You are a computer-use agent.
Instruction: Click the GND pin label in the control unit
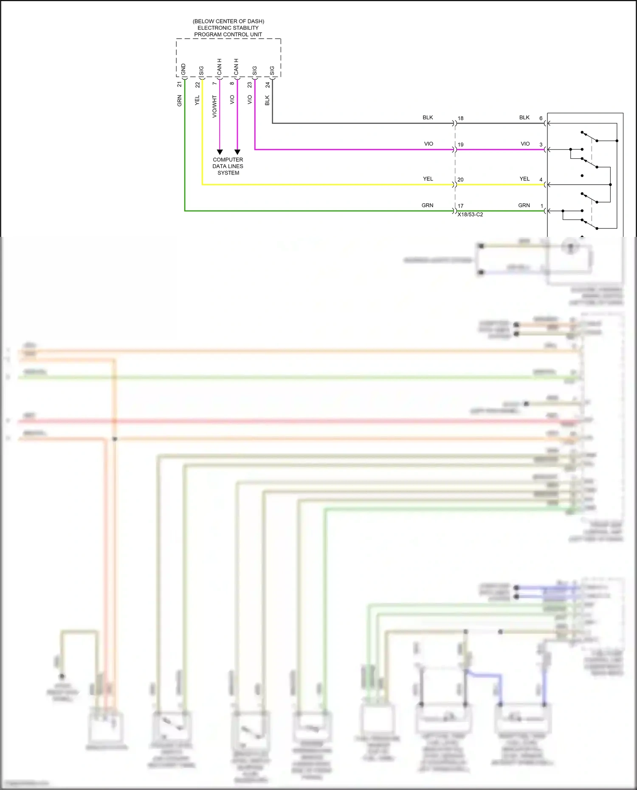183,69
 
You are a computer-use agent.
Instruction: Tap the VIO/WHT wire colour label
214,106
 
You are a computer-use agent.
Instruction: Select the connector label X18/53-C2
470,214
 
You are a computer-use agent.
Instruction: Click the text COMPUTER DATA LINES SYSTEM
228,166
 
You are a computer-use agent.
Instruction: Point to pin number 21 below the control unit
180,84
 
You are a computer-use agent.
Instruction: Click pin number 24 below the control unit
268,85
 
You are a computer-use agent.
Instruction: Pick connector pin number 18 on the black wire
460,118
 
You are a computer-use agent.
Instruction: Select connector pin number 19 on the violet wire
460,145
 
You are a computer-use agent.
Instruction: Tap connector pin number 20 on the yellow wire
460,180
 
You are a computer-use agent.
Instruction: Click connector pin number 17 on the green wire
460,206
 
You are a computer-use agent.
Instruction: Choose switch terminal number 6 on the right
541,118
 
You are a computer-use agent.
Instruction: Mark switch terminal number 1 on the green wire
541,206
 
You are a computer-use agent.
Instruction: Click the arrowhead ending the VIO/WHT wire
220,152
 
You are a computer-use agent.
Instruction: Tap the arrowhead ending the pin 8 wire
237,152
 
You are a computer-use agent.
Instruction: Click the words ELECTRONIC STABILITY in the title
228,28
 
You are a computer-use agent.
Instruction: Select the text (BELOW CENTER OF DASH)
228,21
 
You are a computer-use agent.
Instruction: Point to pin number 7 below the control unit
214,83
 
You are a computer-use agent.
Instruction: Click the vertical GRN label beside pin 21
180,101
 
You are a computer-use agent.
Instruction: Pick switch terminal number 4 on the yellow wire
541,180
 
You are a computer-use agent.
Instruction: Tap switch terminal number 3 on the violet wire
541,144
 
